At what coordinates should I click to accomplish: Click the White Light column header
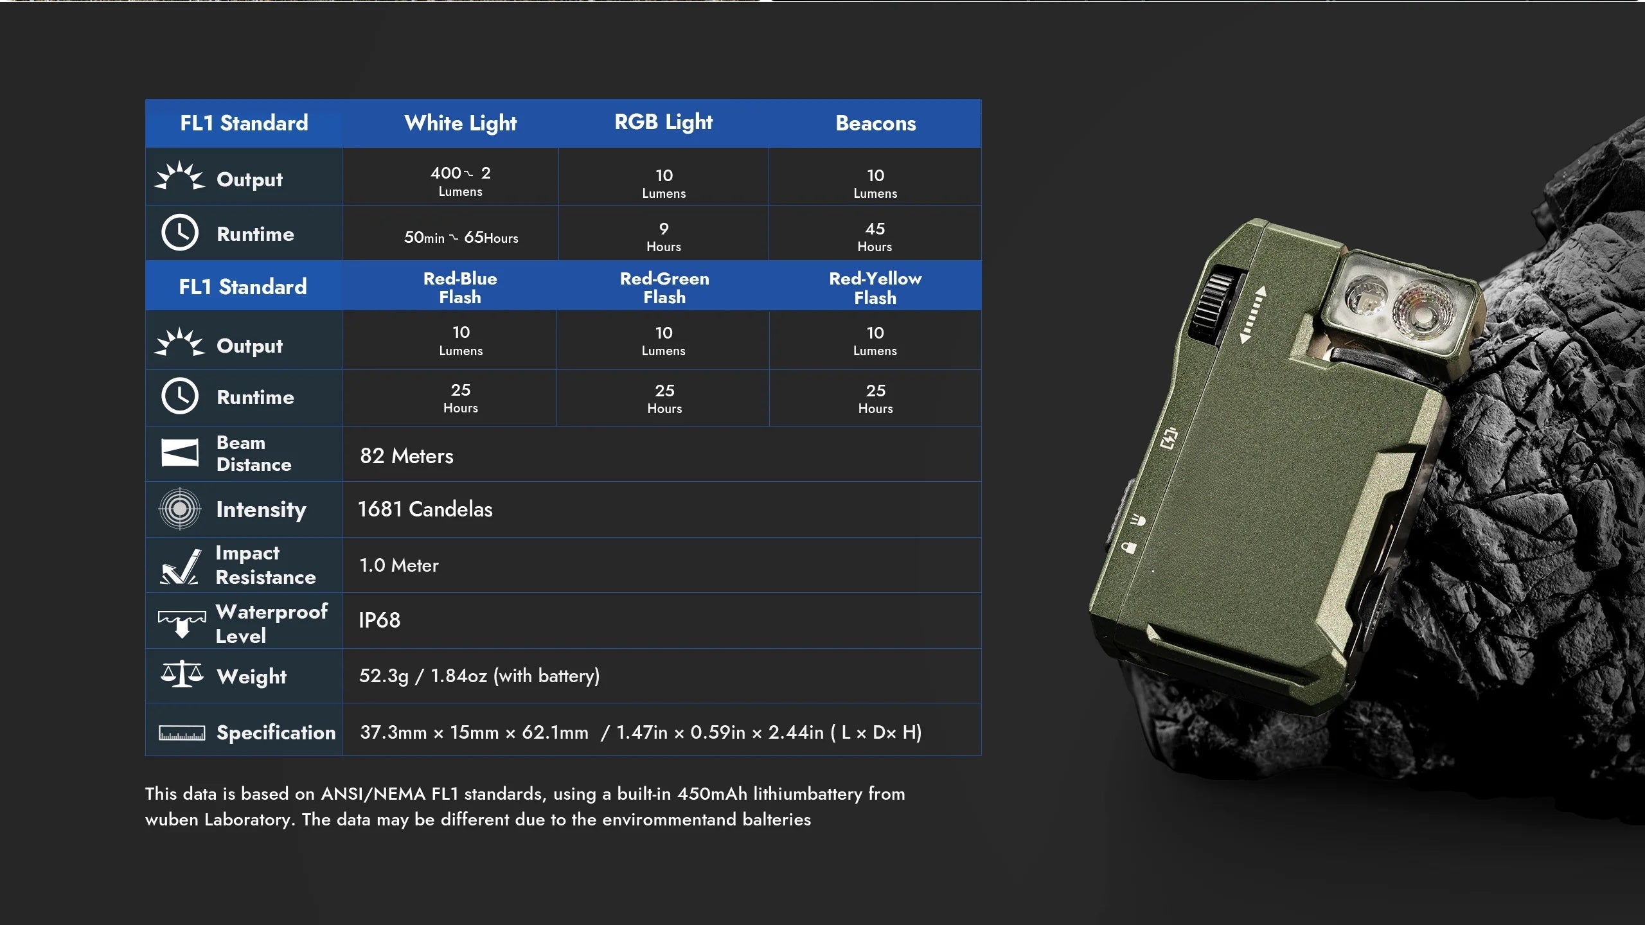coord(460,123)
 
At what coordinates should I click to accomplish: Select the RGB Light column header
coord(664,122)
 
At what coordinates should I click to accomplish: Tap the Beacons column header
coord(876,123)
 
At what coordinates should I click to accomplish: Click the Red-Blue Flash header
coord(460,288)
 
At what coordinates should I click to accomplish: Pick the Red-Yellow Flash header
coord(875,288)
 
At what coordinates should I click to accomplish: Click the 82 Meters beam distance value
coord(407,456)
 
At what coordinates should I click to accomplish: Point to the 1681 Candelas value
coord(425,509)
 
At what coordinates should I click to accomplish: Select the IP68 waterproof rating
coord(380,620)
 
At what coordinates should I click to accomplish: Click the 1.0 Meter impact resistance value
coord(399,565)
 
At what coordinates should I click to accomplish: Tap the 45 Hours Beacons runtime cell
coord(875,237)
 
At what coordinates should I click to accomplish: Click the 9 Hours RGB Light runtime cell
coord(664,237)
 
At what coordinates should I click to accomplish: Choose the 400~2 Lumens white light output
coord(461,181)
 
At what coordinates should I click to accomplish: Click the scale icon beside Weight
coord(182,674)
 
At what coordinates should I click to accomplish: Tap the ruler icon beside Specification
coord(182,733)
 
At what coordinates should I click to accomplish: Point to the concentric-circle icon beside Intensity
coord(180,509)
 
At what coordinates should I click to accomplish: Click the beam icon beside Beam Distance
coord(180,453)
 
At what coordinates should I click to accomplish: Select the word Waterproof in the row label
coord(272,612)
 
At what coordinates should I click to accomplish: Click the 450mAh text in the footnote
coord(713,794)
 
